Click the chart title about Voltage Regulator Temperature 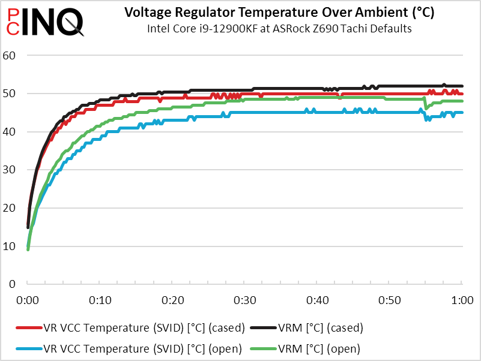[279, 12]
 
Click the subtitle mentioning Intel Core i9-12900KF [279, 29]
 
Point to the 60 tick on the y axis [14, 56]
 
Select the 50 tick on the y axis [14, 94]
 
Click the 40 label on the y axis [14, 131]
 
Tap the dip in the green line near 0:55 [426, 107]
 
